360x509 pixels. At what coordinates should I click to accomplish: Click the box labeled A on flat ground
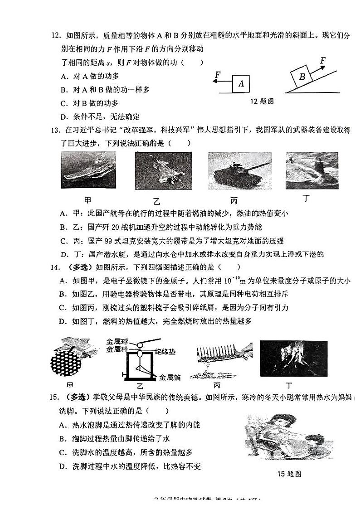point(241,84)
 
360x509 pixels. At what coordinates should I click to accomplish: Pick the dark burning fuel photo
point(293,359)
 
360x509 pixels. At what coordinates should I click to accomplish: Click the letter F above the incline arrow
point(323,60)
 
